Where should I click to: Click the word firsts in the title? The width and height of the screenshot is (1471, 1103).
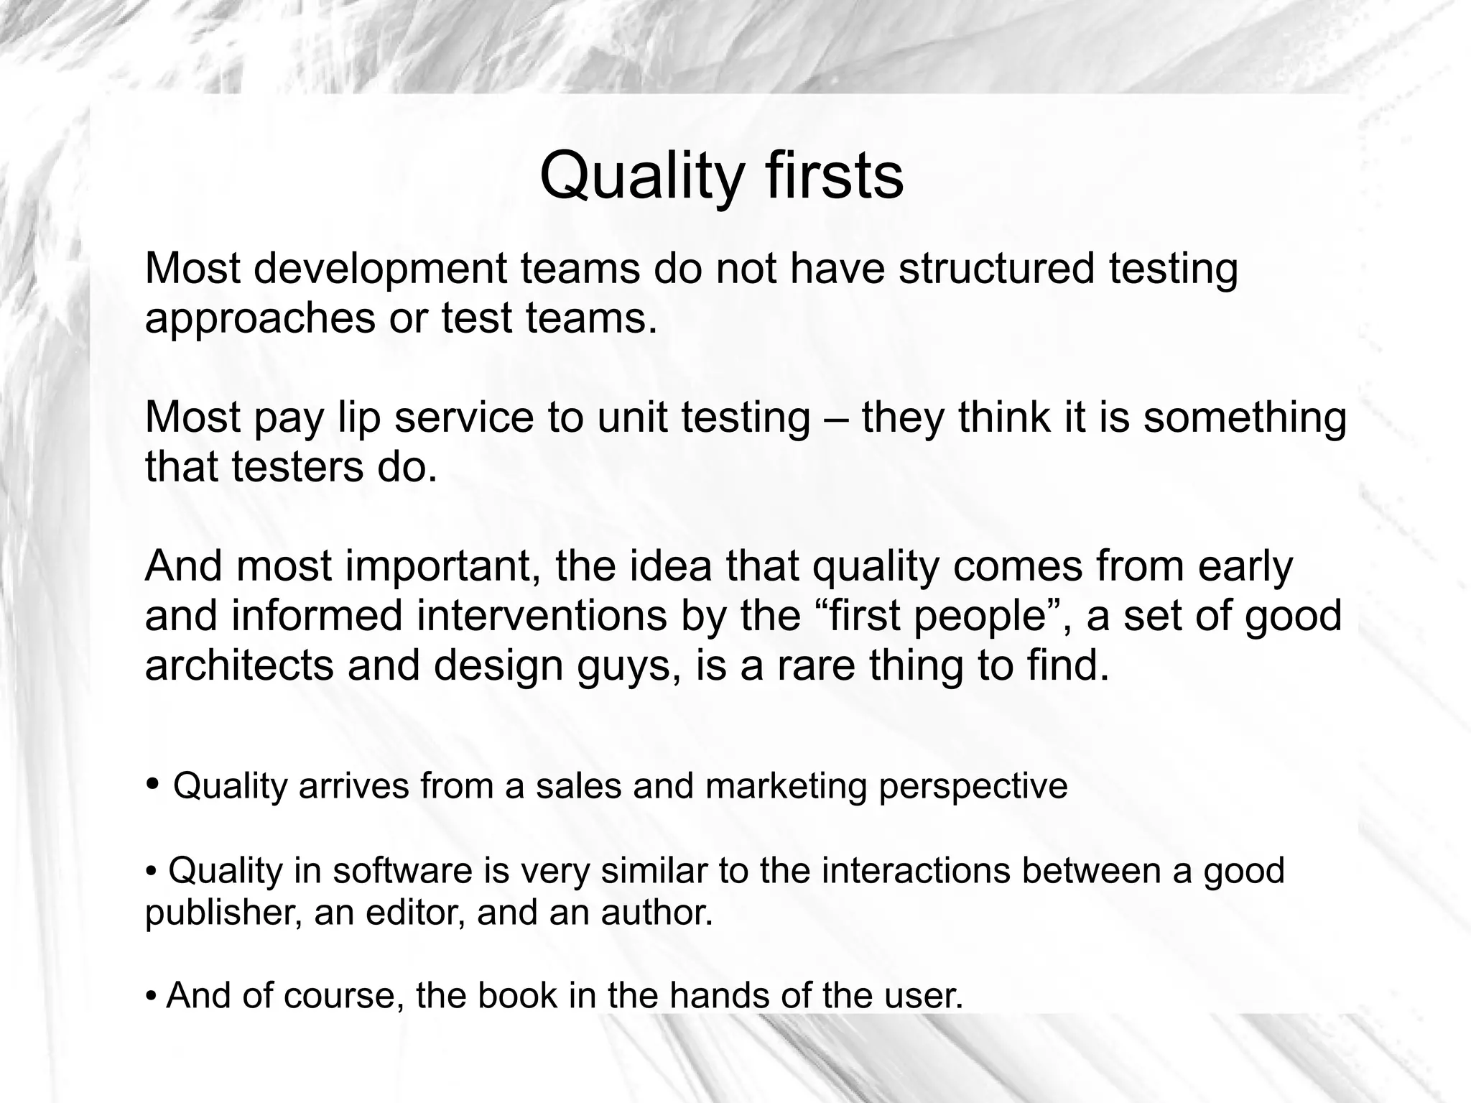coord(834,176)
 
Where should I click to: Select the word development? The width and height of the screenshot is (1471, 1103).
coord(380,268)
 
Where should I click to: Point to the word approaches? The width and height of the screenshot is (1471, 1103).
coord(260,318)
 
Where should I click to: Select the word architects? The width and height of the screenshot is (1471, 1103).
coord(239,665)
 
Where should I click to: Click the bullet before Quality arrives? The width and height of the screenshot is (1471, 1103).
coord(152,783)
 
